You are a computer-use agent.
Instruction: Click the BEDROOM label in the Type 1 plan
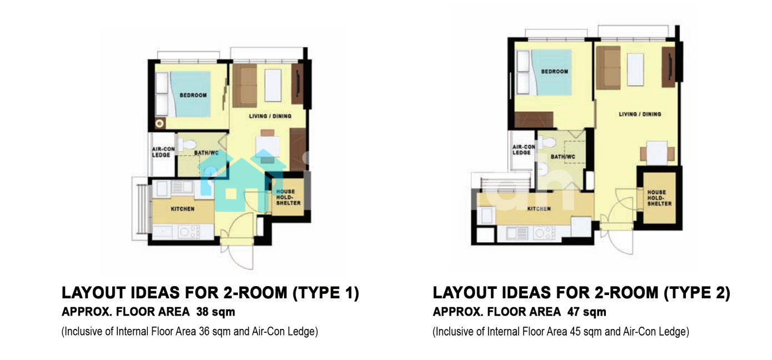pyautogui.click(x=193, y=95)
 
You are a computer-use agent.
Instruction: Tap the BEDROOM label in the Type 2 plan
pyautogui.click(x=555, y=71)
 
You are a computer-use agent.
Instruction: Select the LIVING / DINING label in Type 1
pyautogui.click(x=270, y=116)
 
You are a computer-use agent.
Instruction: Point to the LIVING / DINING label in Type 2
pyautogui.click(x=640, y=114)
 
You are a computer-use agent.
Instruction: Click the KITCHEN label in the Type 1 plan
pyautogui.click(x=183, y=209)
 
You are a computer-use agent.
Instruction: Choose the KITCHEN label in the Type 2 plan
pyautogui.click(x=539, y=209)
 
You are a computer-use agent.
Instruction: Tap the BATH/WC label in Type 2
pyautogui.click(x=563, y=157)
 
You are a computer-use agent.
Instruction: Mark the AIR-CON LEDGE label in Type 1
pyautogui.click(x=163, y=152)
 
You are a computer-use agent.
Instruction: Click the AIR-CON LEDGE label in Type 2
pyautogui.click(x=524, y=149)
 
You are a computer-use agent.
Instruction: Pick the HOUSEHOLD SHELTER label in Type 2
pyautogui.click(x=659, y=198)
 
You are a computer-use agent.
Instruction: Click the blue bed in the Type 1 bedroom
pyautogui.click(x=190, y=94)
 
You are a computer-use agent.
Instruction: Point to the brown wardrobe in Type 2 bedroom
pyautogui.click(x=534, y=119)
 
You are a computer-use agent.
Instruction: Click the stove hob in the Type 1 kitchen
pyautogui.click(x=189, y=232)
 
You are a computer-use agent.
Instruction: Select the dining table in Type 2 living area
pyautogui.click(x=657, y=153)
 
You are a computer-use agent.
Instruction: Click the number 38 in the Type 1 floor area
pyautogui.click(x=203, y=312)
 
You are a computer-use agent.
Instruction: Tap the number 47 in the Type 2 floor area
pyautogui.click(x=574, y=312)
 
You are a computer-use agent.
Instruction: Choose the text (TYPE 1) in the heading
pyautogui.click(x=326, y=293)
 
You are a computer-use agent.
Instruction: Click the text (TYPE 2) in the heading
pyautogui.click(x=697, y=293)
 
